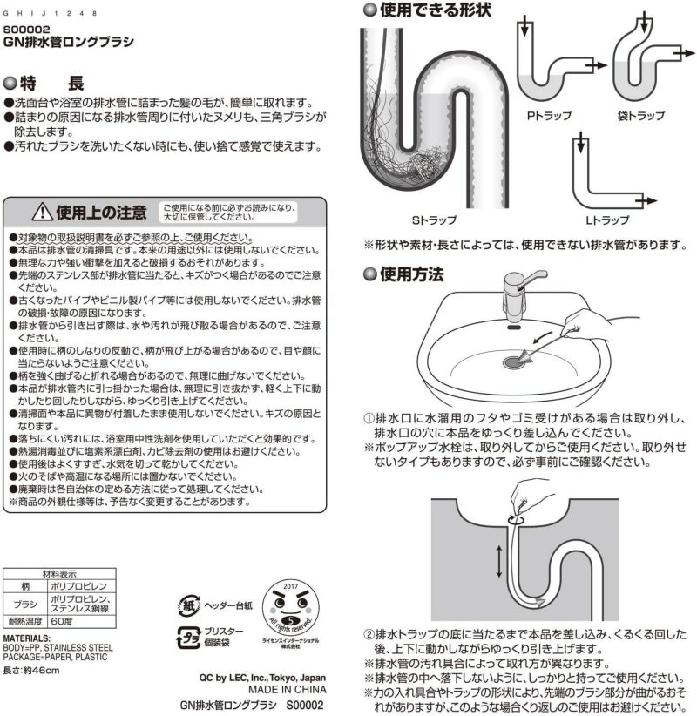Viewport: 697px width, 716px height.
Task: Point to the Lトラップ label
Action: click(x=606, y=220)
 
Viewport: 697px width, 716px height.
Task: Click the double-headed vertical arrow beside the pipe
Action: click(x=498, y=559)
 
